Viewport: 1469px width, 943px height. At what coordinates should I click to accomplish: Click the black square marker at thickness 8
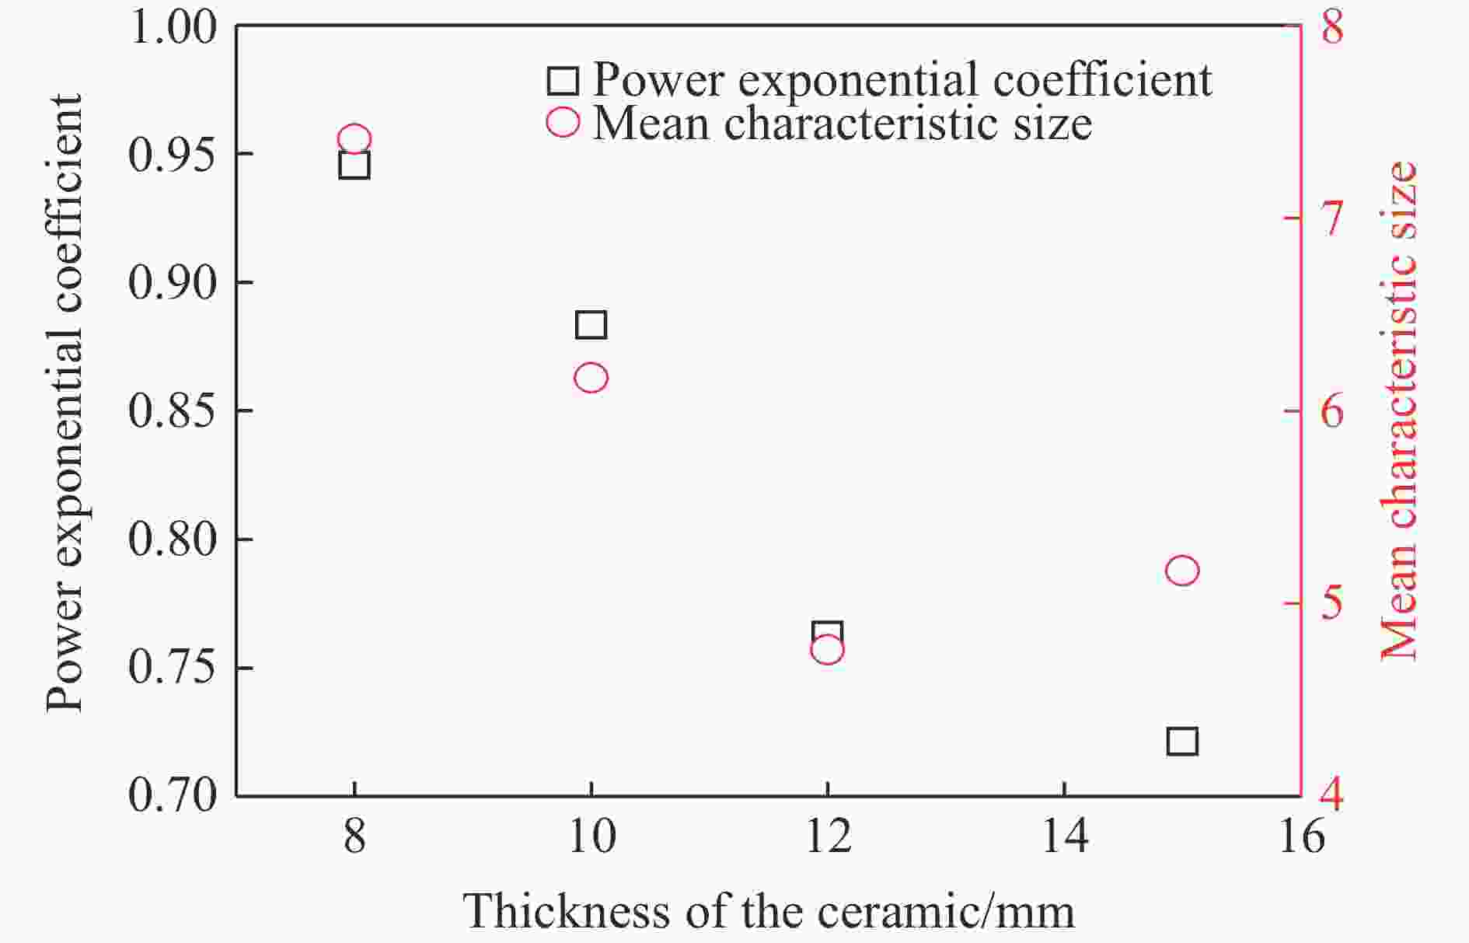point(354,165)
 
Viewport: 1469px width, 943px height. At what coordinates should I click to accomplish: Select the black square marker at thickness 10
point(591,324)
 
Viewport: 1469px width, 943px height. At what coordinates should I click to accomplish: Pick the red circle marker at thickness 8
point(354,140)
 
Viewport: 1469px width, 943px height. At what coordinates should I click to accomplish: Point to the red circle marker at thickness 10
point(591,378)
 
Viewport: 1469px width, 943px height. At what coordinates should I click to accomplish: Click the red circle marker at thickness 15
point(1182,571)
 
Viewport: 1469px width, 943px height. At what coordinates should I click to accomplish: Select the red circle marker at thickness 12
point(827,648)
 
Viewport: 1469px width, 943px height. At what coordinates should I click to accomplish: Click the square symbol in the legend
point(563,80)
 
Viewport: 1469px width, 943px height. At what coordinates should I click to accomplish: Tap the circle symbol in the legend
point(563,122)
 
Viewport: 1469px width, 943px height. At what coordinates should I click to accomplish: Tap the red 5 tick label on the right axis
point(1332,603)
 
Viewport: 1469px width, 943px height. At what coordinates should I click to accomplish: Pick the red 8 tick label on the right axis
point(1332,26)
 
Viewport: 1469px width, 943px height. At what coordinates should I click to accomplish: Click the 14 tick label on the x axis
point(1063,837)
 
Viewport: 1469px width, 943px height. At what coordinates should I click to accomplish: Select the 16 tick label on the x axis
point(1300,837)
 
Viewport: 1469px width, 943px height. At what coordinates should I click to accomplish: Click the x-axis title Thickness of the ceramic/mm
point(769,911)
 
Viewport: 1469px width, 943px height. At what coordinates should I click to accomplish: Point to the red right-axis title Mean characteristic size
point(1399,410)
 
